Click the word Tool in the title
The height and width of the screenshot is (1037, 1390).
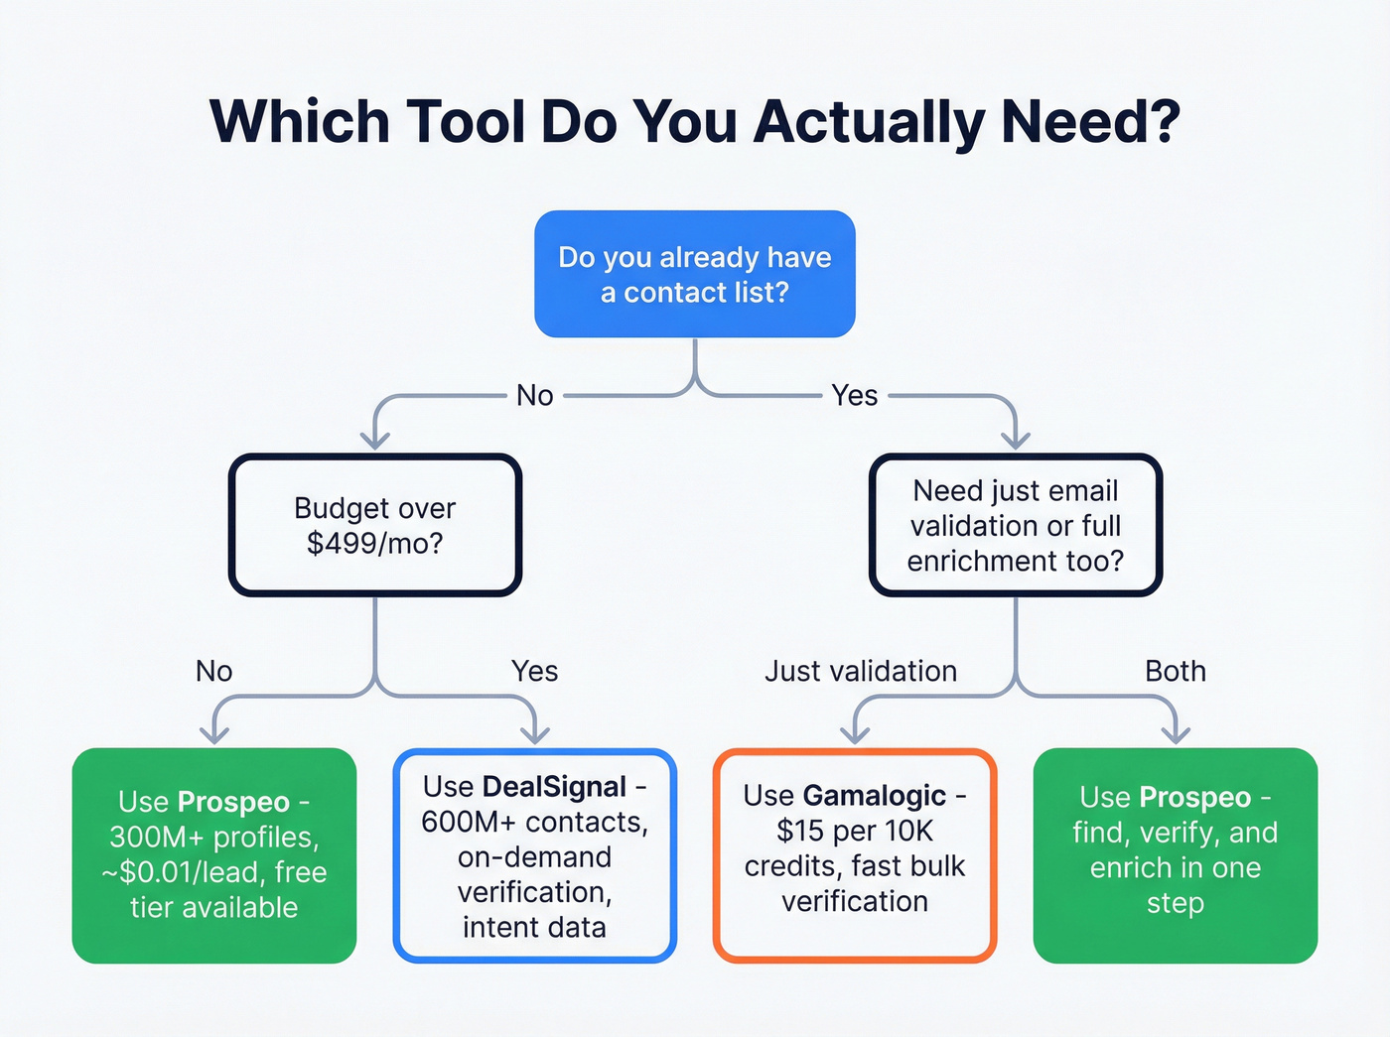[x=464, y=122]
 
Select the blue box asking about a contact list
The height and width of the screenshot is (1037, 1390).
[x=695, y=275]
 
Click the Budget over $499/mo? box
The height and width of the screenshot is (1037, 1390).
[x=375, y=525]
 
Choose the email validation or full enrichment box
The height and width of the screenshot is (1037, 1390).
[x=1016, y=525]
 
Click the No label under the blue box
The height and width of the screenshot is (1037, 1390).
[x=535, y=396]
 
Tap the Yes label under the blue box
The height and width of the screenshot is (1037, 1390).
[x=855, y=396]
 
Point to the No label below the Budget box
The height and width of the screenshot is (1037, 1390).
[x=214, y=672]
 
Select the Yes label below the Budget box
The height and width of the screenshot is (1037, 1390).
[x=535, y=672]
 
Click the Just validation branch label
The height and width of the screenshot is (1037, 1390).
[x=861, y=672]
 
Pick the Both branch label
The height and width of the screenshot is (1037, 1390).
[x=1176, y=672]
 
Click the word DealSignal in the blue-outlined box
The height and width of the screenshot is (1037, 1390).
[x=554, y=787]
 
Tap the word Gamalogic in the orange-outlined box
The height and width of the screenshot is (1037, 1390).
[x=875, y=796]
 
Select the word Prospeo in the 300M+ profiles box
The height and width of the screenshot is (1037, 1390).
[x=234, y=802]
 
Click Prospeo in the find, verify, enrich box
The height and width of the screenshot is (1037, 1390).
[x=1195, y=798]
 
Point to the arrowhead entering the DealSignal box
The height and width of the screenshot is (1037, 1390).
[x=535, y=734]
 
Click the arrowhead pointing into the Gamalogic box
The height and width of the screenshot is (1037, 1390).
[x=855, y=734]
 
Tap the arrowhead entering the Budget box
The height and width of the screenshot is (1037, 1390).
[x=375, y=439]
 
